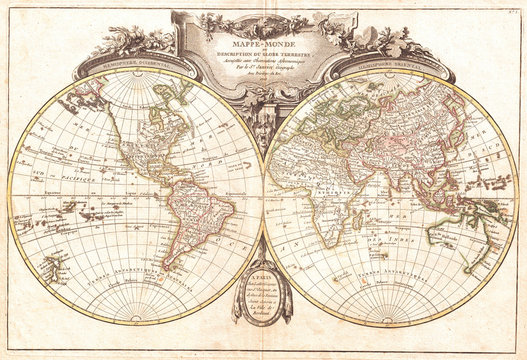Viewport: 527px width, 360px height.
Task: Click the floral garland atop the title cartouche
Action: pyautogui.click(x=263, y=17)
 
